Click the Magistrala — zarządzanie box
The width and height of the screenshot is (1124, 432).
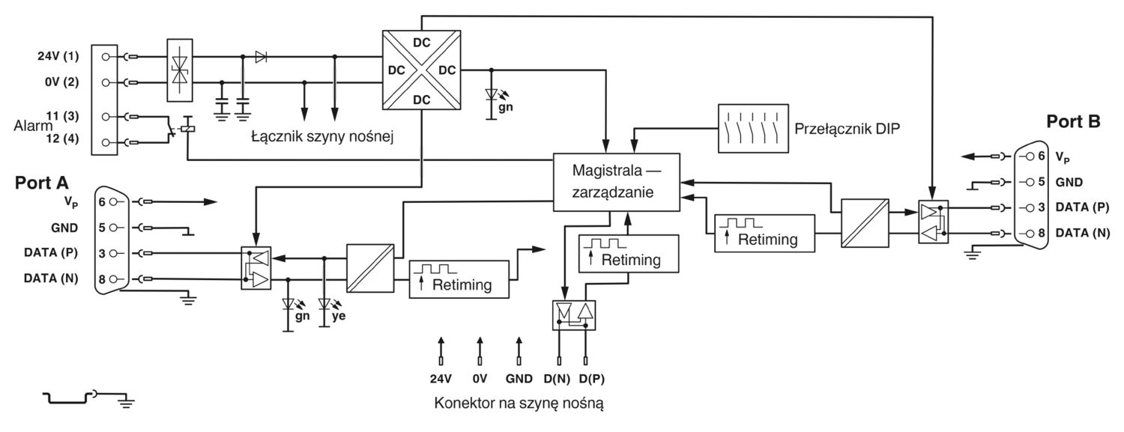[616, 182]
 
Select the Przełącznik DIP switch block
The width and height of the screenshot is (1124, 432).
[752, 128]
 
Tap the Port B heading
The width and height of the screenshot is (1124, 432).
[1073, 122]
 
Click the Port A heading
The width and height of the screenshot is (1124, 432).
[42, 183]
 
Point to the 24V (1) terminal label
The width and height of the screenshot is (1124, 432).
[58, 56]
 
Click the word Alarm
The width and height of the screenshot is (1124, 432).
[33, 126]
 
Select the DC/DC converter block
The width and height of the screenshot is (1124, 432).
[421, 70]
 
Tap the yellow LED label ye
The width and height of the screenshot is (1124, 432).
[339, 316]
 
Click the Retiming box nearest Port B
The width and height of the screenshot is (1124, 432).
[764, 233]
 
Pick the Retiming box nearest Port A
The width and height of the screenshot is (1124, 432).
[459, 279]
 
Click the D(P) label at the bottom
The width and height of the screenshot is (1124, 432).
[592, 379]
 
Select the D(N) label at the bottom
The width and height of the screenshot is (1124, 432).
[557, 379]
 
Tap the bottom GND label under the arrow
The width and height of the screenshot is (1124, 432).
[519, 379]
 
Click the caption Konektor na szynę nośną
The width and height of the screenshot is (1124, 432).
[519, 404]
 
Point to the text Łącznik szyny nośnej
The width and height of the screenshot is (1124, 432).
[322, 137]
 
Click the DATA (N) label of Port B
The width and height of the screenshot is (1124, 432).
[1082, 233]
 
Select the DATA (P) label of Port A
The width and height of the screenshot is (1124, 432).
[51, 252]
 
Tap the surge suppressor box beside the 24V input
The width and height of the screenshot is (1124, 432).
[180, 70]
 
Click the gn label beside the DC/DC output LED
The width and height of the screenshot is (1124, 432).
[505, 107]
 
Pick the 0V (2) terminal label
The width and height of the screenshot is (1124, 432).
[61, 82]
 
